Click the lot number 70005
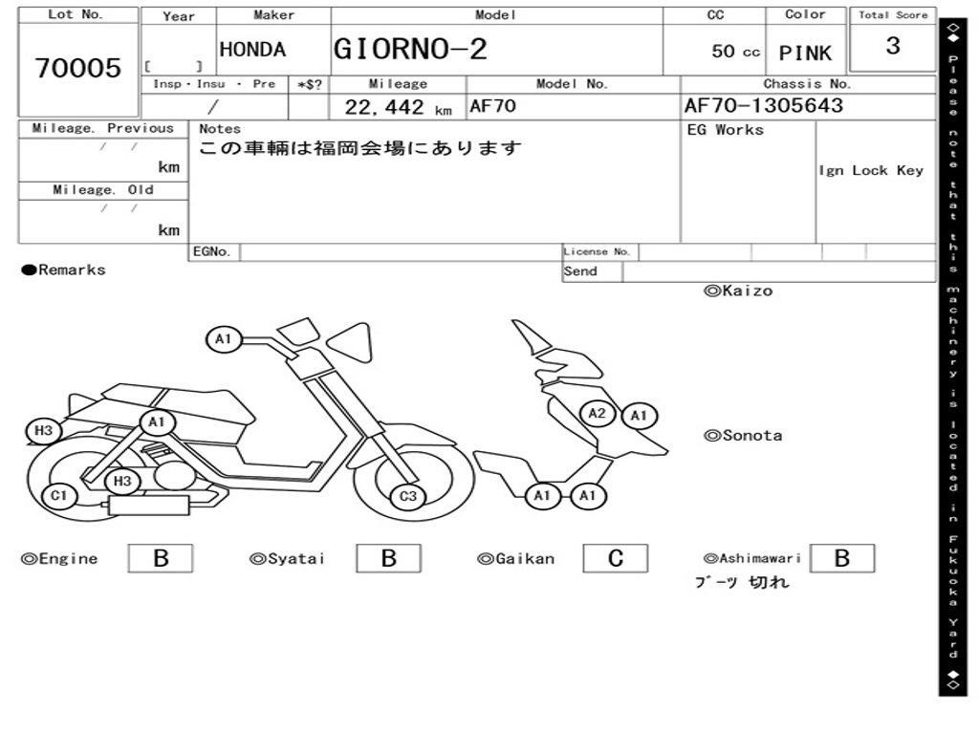tap(78, 68)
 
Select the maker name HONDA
tap(252, 51)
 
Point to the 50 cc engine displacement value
tap(735, 52)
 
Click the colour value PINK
tap(805, 54)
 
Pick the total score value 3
tap(892, 47)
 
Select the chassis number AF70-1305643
tap(764, 106)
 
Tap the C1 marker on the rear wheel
tap(59, 495)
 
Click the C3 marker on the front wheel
tap(408, 495)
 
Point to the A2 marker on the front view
tap(598, 413)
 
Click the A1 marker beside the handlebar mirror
tap(223, 338)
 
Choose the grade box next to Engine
tap(160, 558)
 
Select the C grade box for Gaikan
tap(615, 558)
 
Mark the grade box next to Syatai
tap(388, 558)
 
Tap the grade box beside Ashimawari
tap(841, 558)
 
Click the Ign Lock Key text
tap(871, 171)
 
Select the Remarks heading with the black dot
tap(64, 270)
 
